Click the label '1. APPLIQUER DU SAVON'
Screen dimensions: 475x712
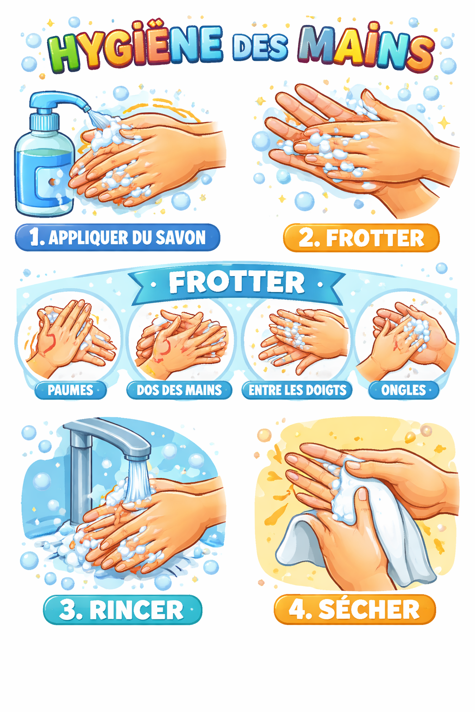point(118,237)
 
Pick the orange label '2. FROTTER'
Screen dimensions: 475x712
point(361,238)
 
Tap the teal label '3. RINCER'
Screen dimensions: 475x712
point(122,610)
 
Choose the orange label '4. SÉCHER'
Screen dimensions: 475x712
point(355,610)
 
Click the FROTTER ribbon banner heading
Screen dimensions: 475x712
point(237,283)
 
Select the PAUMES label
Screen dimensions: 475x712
point(71,390)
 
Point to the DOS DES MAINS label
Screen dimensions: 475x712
point(179,390)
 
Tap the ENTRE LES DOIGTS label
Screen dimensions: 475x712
point(297,390)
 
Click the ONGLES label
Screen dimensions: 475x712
point(404,390)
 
